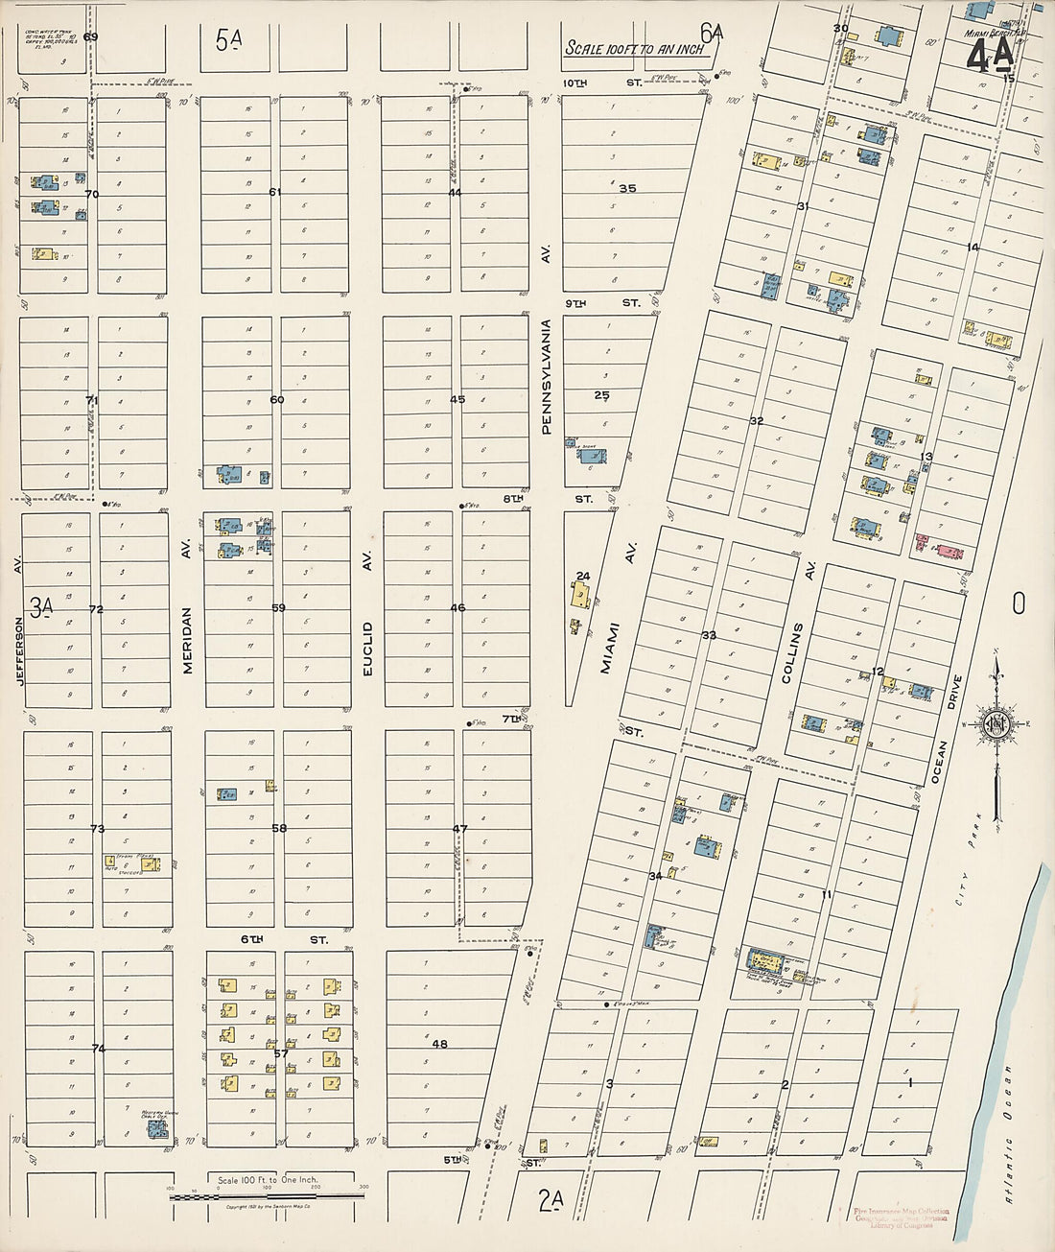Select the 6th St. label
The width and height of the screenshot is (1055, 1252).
[x=283, y=939]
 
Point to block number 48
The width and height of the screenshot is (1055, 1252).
[x=439, y=1044]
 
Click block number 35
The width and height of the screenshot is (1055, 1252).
[x=627, y=188]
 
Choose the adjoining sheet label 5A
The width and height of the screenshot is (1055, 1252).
[x=228, y=39]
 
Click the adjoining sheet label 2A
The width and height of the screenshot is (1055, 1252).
[x=551, y=1199]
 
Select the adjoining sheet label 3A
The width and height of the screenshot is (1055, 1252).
[x=40, y=606]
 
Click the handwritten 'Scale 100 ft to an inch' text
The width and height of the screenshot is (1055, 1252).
[x=634, y=48]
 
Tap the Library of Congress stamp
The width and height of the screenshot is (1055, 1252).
[x=901, y=1217]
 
